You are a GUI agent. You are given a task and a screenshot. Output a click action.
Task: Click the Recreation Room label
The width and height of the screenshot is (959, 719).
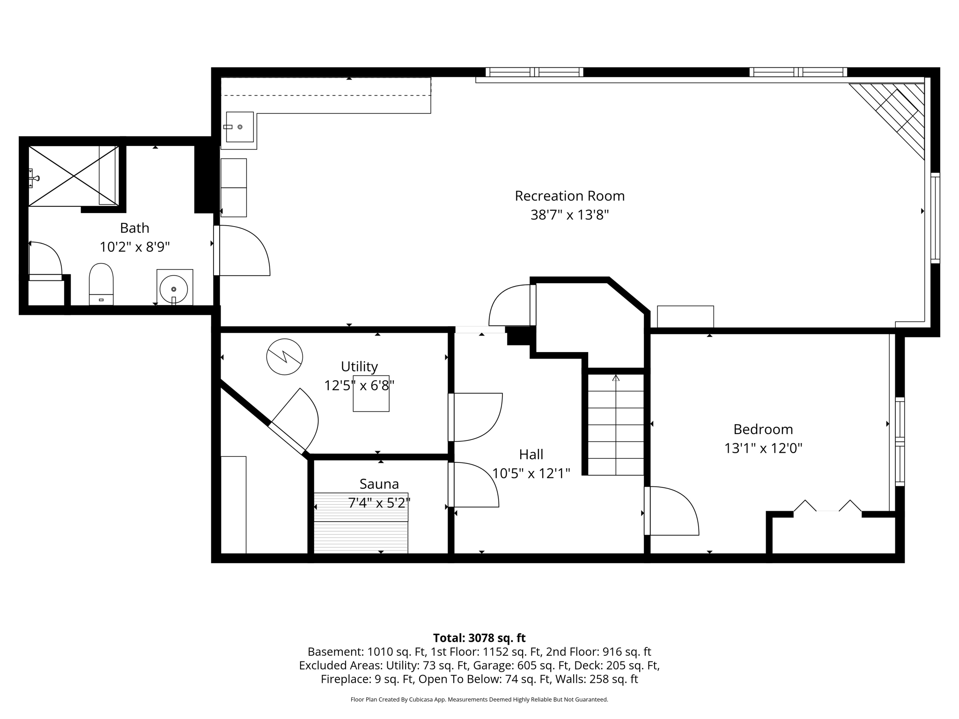(x=569, y=196)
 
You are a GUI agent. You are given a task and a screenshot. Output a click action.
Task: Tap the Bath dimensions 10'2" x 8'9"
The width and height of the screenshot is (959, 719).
(x=134, y=247)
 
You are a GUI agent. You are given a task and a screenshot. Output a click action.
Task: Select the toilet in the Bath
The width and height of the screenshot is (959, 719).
(x=101, y=284)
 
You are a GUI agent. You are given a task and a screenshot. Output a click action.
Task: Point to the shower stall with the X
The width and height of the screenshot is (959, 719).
(x=74, y=176)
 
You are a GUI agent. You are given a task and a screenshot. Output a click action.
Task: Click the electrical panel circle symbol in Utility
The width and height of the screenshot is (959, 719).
(x=284, y=357)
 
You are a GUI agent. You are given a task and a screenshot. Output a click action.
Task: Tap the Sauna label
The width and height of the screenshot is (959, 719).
(x=379, y=484)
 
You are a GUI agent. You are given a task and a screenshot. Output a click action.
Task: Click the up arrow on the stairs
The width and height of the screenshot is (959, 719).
(x=615, y=378)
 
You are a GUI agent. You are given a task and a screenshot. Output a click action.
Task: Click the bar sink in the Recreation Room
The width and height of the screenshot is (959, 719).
(x=240, y=127)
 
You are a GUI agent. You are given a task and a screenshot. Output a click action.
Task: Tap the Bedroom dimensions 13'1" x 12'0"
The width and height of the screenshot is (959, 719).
(x=763, y=448)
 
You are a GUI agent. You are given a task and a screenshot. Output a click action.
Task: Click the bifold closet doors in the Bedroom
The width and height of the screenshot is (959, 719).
(x=827, y=507)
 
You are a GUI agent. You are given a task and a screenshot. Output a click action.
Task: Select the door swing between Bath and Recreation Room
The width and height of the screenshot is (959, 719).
(x=243, y=251)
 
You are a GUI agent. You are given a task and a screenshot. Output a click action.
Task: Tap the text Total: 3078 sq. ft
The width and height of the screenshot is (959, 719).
(x=479, y=638)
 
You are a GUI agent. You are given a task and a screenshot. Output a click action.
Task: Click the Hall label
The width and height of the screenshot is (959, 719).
(x=531, y=455)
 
